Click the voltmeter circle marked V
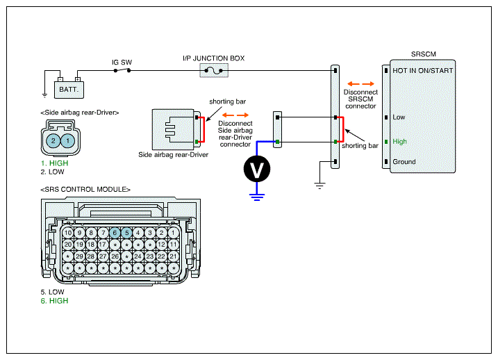point(257,169)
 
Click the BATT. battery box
point(69,90)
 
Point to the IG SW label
point(122,63)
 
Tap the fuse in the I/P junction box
point(214,70)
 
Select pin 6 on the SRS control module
point(115,233)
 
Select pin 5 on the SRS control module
point(126,233)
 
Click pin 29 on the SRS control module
point(79,256)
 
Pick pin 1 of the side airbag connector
point(67,141)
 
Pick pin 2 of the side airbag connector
point(53,141)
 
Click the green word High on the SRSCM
point(399,142)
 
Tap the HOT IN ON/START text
point(423,70)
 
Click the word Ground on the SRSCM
point(404,162)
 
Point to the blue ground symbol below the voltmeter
point(257,197)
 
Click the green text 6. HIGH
point(54,301)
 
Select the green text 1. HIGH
point(54,163)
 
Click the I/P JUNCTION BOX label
point(213,58)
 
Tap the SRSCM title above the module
point(424,54)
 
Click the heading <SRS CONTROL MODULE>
point(85,189)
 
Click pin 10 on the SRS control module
point(67,233)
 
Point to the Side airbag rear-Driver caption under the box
point(173,155)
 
